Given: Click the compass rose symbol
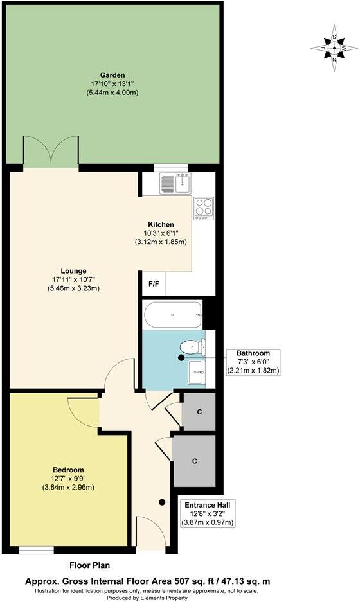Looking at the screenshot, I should (334, 48).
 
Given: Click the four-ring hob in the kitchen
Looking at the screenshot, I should (204, 208).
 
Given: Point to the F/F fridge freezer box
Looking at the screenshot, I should (154, 283).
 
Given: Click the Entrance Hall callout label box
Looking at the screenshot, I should (209, 513).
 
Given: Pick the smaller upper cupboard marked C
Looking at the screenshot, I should (199, 411).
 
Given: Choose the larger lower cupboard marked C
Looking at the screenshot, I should (194, 461).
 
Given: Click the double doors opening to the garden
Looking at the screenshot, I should (51, 153).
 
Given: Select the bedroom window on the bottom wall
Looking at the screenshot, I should (36, 550).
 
